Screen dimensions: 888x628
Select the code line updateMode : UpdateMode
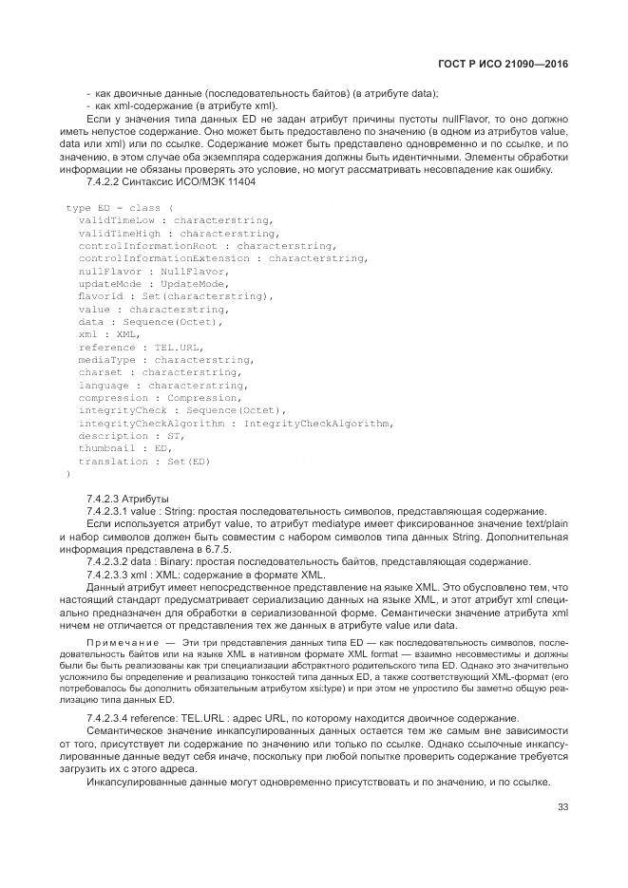click(152, 283)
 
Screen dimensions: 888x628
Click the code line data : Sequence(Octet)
click(150, 322)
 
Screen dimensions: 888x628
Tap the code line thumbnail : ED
click(124, 448)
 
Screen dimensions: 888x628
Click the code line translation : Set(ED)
click(143, 462)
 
